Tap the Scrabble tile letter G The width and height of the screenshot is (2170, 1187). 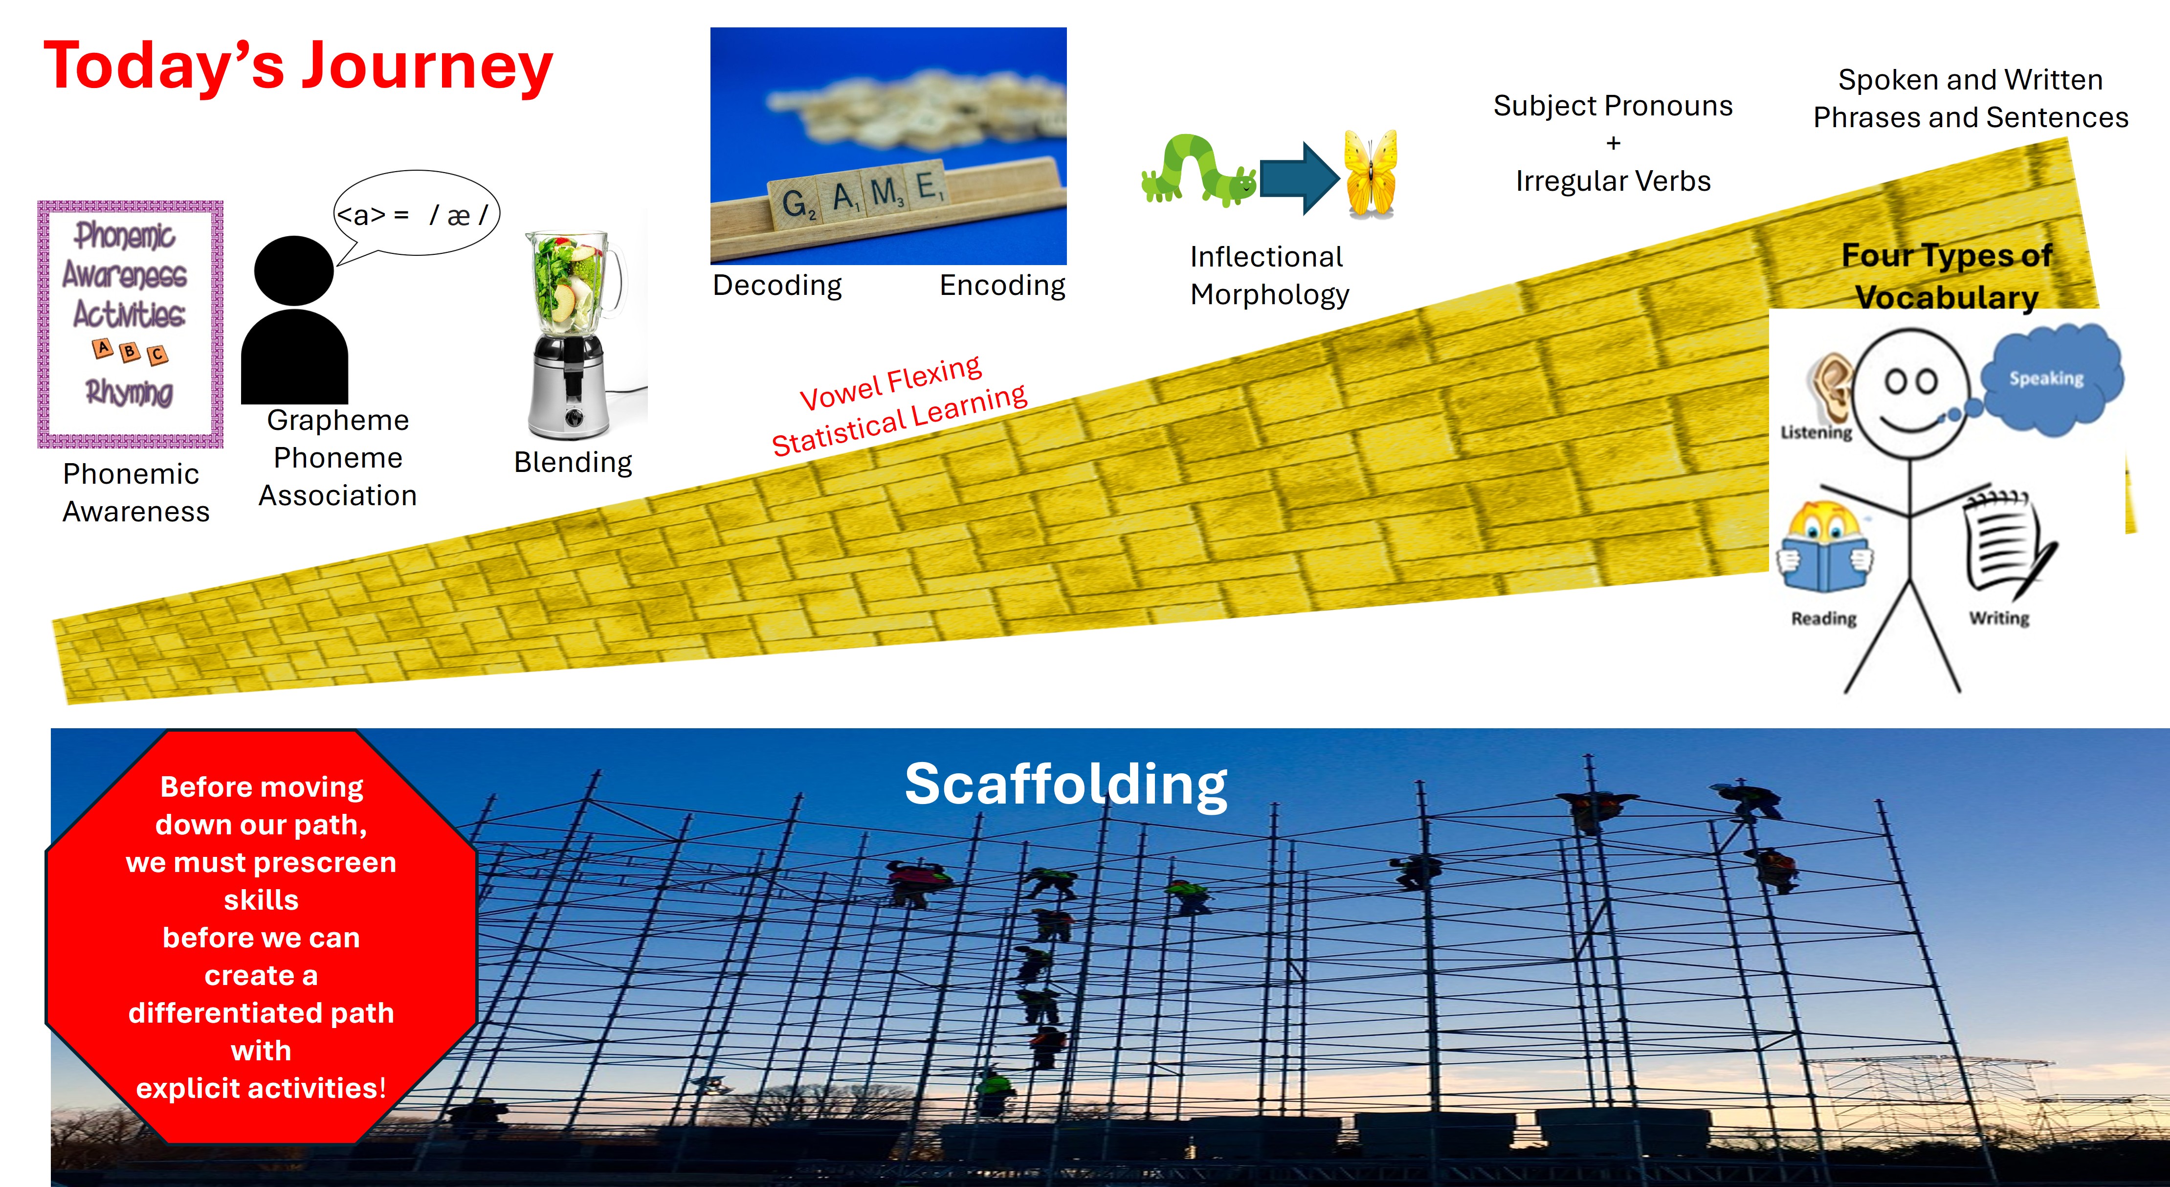[x=795, y=202]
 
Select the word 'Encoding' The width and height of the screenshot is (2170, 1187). [x=1002, y=286]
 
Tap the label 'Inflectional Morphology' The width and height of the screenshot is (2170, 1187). [x=1269, y=275]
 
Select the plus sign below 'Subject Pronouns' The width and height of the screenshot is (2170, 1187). [x=1613, y=143]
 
